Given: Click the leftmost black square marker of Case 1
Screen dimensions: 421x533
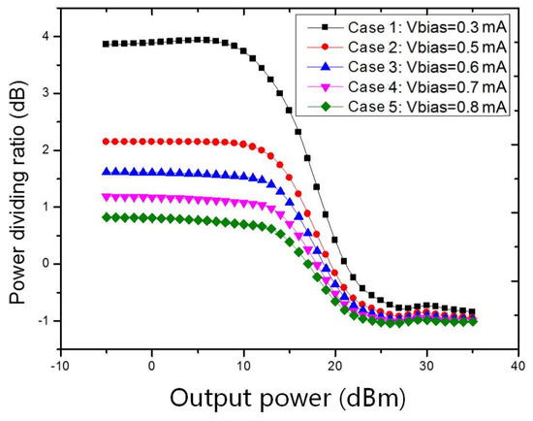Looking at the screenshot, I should pos(106,44).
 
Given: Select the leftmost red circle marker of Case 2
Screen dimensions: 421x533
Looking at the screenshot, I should pos(106,142).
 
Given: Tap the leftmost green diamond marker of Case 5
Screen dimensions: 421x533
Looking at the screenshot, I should pos(106,217).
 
